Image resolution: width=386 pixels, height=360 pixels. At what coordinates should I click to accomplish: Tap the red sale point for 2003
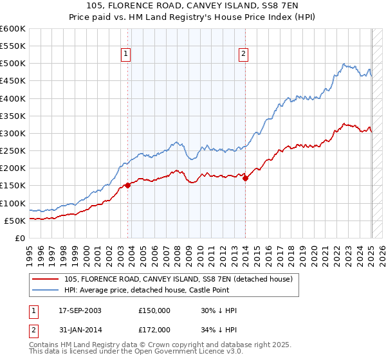coord(127,185)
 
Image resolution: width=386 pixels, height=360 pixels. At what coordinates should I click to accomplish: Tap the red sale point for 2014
coord(246,178)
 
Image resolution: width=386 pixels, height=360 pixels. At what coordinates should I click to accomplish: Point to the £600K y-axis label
coord(13,29)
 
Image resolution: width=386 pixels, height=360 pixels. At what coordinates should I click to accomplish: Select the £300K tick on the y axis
coord(13,134)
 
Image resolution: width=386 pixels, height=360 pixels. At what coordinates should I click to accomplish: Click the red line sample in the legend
coord(45,279)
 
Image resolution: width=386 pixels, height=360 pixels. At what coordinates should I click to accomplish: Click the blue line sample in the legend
coord(45,290)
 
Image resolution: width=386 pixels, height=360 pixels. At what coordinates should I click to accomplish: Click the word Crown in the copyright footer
coord(152,345)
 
